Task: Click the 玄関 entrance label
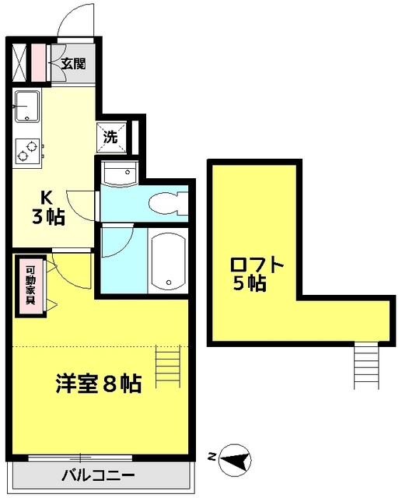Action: click(75, 65)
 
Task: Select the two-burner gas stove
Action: click(26, 149)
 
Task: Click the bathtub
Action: click(168, 260)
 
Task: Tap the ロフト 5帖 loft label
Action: click(253, 272)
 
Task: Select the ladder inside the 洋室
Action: click(167, 364)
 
